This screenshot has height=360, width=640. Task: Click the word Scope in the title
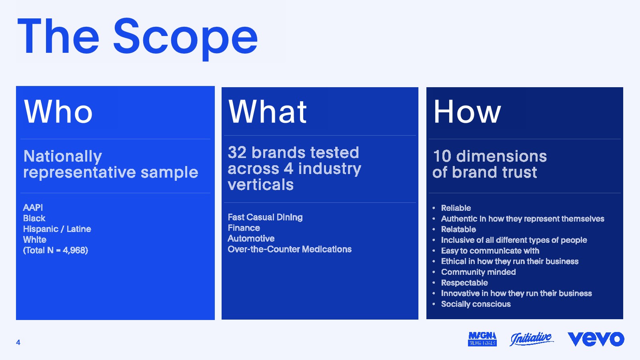186,38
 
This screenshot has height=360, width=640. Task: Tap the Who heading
58,112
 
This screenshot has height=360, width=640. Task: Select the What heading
268,112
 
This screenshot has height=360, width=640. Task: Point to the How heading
467,112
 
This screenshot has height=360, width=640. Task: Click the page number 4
18,342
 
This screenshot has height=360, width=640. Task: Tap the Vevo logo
596,339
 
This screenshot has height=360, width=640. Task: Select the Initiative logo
532,339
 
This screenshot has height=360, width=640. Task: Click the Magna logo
482,339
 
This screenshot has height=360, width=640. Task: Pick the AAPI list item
33,208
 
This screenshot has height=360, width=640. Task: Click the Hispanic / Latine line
57,229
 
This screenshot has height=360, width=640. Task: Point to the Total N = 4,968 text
56,250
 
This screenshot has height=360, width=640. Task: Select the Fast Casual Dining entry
265,217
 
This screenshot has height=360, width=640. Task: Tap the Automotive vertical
251,238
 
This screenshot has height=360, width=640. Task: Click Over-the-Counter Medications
290,249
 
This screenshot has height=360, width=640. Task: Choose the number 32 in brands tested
237,152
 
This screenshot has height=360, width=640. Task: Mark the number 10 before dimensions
442,156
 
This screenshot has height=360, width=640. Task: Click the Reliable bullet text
456,208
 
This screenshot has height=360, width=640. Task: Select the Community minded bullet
478,272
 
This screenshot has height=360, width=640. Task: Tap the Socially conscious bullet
476,304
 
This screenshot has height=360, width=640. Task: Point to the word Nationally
62,156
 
